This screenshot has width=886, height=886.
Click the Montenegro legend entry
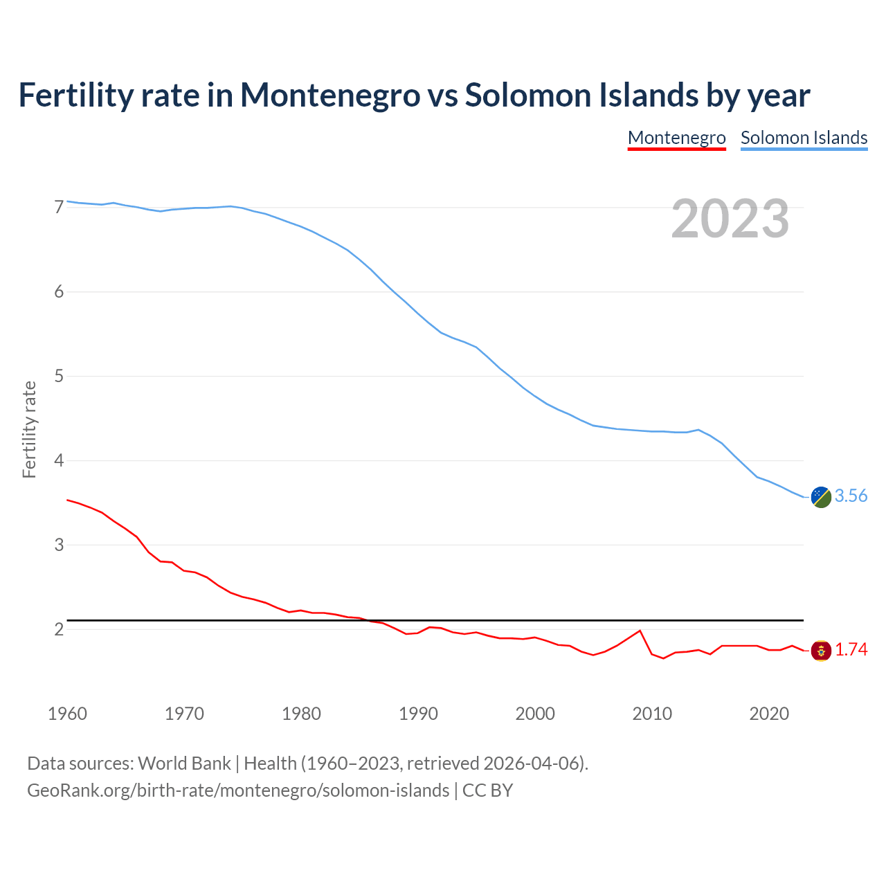[676, 138]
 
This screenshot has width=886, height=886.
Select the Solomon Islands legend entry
[804, 138]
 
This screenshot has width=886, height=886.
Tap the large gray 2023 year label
[730, 219]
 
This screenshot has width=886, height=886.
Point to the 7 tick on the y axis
[59, 207]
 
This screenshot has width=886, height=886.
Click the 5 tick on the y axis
[59, 376]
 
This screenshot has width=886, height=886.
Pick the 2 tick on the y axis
[59, 629]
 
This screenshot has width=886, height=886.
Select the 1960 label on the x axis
[67, 714]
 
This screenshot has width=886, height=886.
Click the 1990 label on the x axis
[418, 714]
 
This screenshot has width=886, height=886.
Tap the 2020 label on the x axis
[769, 714]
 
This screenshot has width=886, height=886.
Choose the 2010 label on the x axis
[652, 714]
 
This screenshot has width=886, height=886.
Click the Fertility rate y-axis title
[29, 429]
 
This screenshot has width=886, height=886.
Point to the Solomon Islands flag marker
[821, 497]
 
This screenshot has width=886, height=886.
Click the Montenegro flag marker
[821, 651]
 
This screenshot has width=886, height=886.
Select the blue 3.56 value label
[851, 496]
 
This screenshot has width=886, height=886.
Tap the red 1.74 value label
[851, 649]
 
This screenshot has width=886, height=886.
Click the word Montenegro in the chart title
[330, 95]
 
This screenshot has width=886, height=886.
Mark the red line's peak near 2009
[640, 631]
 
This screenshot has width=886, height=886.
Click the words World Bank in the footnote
[184, 763]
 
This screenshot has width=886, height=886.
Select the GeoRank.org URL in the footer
[238, 790]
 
